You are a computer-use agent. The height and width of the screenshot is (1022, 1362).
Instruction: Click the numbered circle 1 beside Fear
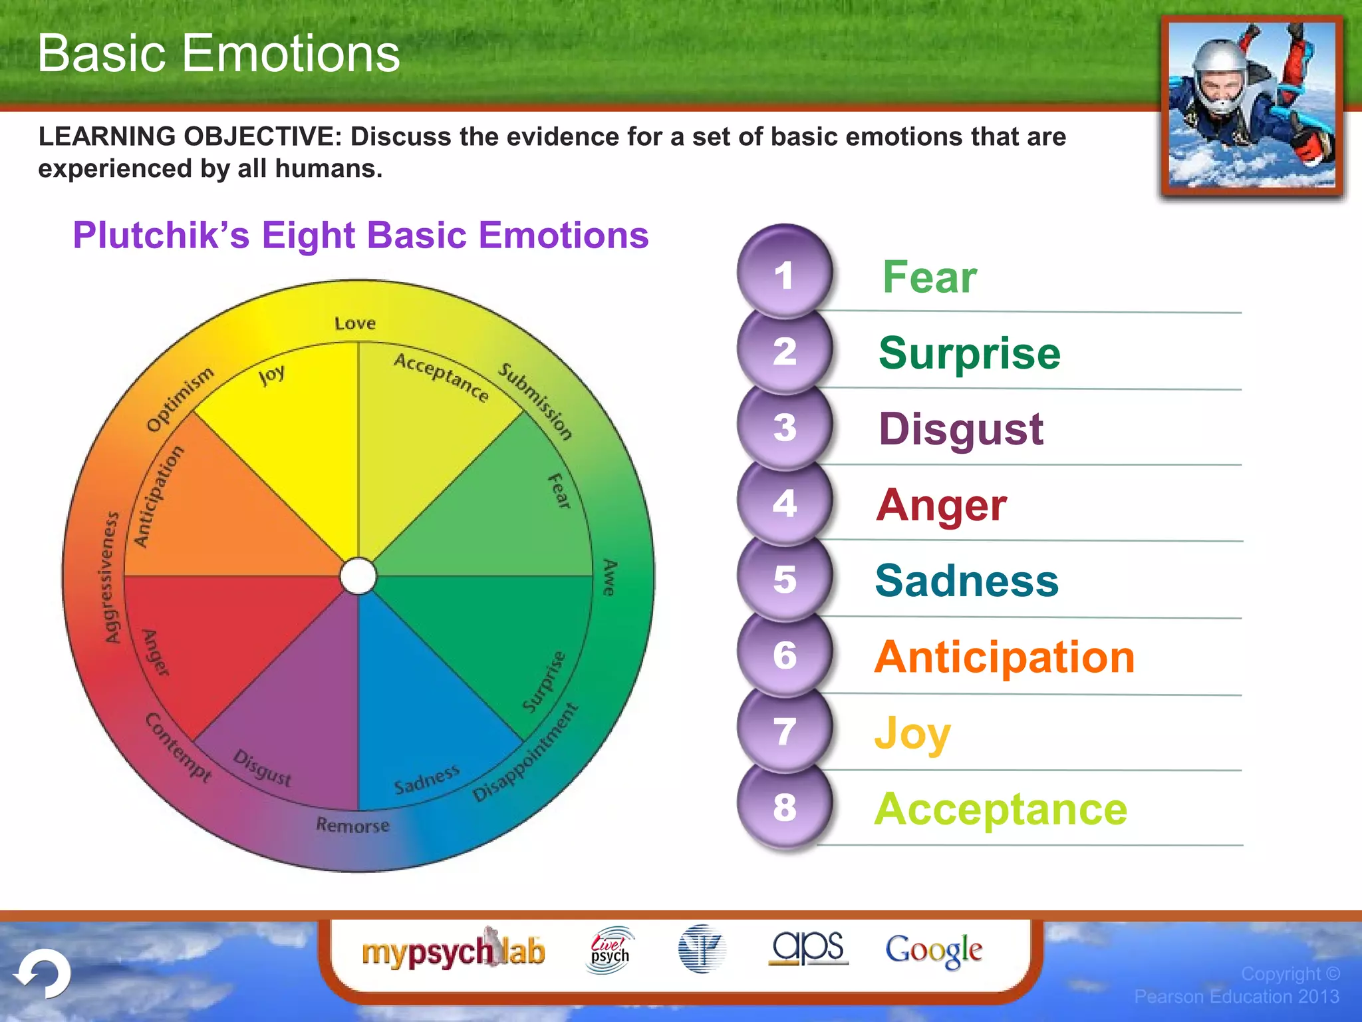coord(785,273)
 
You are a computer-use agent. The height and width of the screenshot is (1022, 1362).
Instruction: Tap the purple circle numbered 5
coord(785,578)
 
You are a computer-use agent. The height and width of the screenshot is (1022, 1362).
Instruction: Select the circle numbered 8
coord(785,806)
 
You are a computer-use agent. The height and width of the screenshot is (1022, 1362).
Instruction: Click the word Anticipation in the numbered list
coord(1004,657)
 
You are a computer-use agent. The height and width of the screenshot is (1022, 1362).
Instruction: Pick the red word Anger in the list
coord(941,506)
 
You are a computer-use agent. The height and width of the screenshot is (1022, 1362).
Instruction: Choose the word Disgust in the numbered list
coord(960,430)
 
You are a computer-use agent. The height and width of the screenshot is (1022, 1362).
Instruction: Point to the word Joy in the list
coord(912,734)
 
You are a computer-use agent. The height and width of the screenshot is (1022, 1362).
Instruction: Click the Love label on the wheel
coord(355,323)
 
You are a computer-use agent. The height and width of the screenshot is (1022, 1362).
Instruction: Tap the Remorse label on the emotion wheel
coord(352,825)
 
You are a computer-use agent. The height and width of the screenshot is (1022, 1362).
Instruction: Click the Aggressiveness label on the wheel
coord(112,577)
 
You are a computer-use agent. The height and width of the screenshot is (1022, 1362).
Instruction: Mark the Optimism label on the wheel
coord(180,399)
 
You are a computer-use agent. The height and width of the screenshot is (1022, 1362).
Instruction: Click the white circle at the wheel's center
coord(358,576)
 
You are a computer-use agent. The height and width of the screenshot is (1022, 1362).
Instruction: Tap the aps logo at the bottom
coord(807,947)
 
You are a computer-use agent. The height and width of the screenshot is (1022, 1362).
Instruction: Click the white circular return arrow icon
coord(44,974)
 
